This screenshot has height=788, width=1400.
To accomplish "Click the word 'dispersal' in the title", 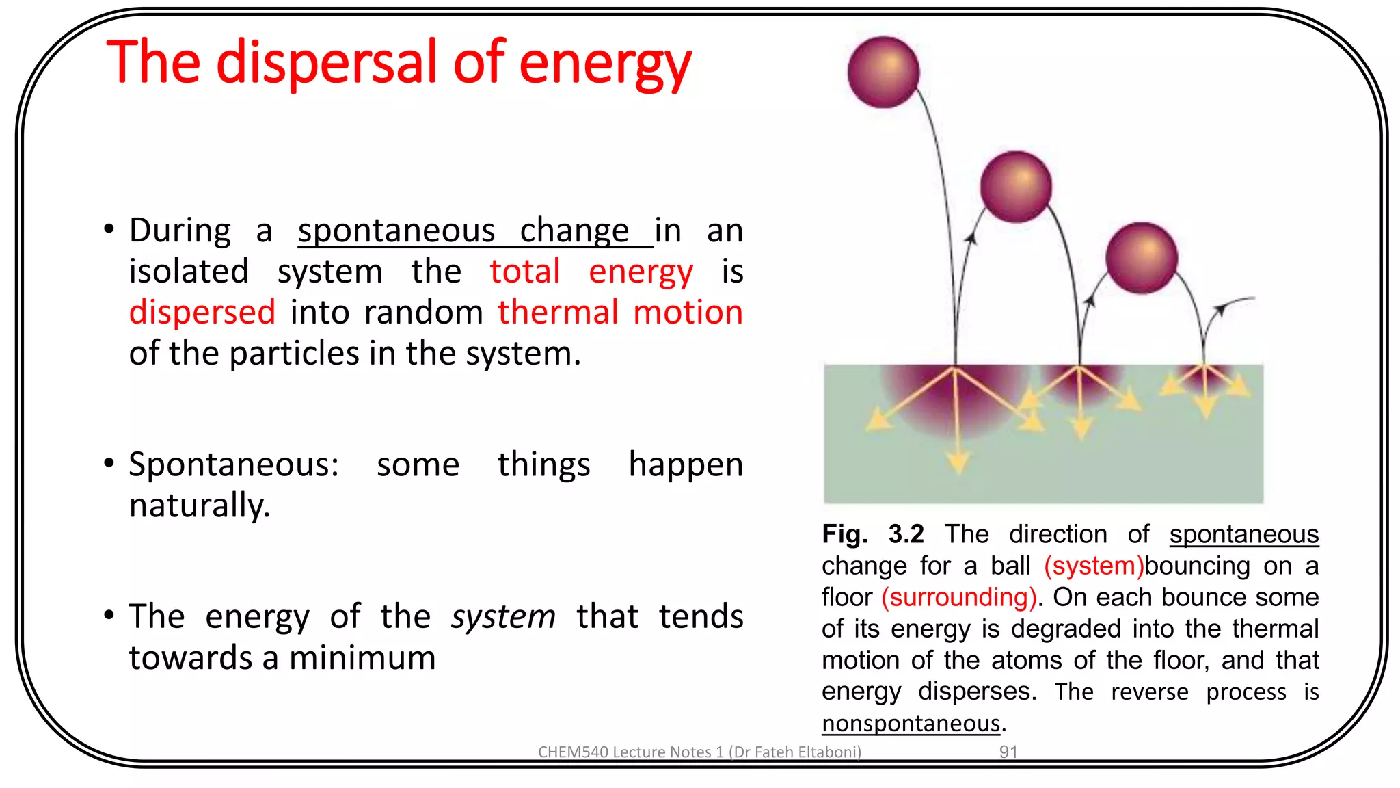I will [x=326, y=63].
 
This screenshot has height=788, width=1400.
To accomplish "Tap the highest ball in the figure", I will [x=883, y=73].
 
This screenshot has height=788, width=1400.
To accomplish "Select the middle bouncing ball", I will [x=1016, y=187].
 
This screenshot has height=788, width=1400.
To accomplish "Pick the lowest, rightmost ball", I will [x=1141, y=258].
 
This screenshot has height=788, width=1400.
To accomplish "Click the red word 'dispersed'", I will [x=202, y=313].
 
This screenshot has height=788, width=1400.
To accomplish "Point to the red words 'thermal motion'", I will [x=619, y=313].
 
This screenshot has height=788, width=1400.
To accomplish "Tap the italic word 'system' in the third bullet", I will [x=503, y=617].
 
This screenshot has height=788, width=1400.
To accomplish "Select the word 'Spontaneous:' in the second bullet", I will [x=234, y=465].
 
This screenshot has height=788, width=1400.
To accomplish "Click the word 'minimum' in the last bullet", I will [x=362, y=658].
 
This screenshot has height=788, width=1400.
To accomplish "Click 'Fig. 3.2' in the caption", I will [x=872, y=534].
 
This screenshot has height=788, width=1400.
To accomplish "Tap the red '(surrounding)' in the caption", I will [x=958, y=597].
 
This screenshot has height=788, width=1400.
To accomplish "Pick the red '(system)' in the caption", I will [x=1093, y=566].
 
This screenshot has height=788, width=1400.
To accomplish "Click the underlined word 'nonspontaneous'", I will [x=911, y=723].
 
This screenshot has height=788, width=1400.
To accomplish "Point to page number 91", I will [x=1008, y=752].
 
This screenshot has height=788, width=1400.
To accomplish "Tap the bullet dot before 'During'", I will [x=109, y=229].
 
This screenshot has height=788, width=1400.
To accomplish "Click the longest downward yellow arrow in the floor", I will [x=957, y=438].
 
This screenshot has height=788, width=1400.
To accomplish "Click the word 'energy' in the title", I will [x=604, y=63].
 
